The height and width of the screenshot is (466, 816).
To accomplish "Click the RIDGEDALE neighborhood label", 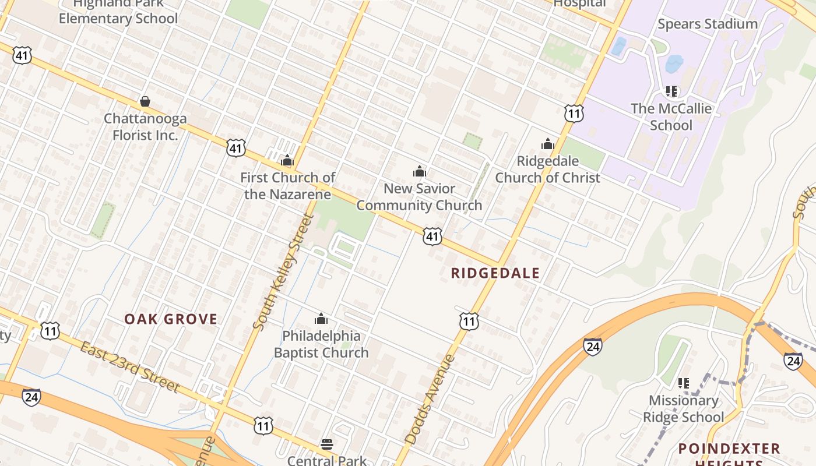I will pos(495,273).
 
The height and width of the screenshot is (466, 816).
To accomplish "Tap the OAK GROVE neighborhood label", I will pos(171,319).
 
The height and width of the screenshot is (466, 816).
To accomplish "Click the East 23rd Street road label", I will pos(129,367).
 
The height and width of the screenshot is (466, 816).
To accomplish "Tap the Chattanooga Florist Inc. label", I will pos(145,127).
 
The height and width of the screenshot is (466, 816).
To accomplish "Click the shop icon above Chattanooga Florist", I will pos(145,102).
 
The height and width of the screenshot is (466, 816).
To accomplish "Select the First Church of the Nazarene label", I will pos(288,186).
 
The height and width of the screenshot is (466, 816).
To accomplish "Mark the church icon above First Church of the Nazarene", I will pos(287,160).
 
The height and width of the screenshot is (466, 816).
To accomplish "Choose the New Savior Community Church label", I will pos(419,197).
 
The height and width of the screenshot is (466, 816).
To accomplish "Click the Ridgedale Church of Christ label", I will pos(547,169).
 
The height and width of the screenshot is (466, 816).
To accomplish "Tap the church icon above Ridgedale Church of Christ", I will pos(547,144).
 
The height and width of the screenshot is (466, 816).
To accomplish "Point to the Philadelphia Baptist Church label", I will pos(321,344).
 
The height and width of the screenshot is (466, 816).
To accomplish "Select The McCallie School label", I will pos(671,116).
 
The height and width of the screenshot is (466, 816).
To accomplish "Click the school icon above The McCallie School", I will pos(671,91).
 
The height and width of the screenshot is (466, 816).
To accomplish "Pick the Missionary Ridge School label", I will pos(683,408).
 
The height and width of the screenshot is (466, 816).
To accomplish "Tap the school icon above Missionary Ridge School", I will pos(683,383).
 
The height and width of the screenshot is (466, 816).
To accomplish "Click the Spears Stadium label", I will pos(707,24).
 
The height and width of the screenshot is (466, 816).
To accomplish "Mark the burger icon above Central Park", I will pos(327,444).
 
